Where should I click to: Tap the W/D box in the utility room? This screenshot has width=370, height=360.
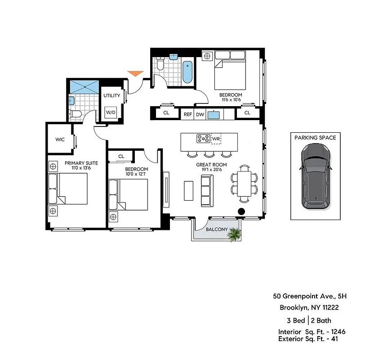pos(111,112)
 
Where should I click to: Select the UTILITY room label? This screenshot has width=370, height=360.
pos(111,95)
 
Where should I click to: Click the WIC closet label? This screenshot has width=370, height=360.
pos(60,139)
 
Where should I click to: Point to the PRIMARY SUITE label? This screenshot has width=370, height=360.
pos(81,163)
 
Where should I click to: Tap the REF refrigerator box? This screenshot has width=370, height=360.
pos(188,114)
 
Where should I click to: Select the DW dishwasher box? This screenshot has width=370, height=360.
pos(200,114)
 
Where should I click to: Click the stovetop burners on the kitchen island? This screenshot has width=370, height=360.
pos(203,139)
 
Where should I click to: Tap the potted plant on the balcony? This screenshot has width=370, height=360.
pos(234,234)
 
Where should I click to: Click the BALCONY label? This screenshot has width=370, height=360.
pos(216,229)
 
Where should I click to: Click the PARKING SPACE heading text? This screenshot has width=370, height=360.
pos(315,138)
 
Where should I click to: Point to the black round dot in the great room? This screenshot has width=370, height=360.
pos(241,211)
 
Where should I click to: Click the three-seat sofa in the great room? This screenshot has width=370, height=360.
pos(207,191)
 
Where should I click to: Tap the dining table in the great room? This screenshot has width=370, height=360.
pos(245,183)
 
